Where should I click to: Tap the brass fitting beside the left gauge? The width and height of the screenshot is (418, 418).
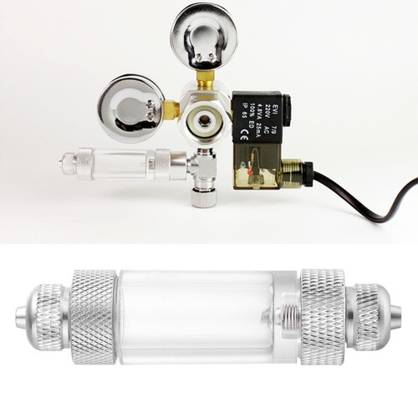[169, 109]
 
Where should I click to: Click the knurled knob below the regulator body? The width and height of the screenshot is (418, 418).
[201, 198]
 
